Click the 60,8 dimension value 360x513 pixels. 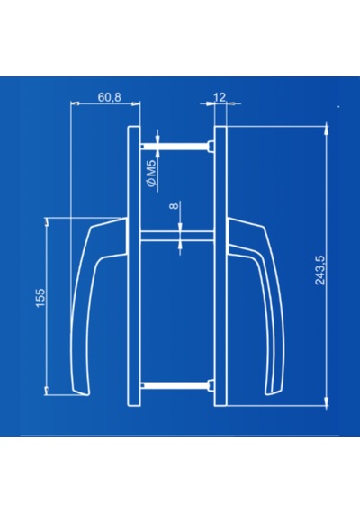pyautogui.click(x=109, y=97)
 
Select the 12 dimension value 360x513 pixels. pyautogui.click(x=220, y=97)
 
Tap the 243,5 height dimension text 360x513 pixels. pyautogui.click(x=320, y=270)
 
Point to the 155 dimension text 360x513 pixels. pyautogui.click(x=40, y=298)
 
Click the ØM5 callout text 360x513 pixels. pyautogui.click(x=152, y=176)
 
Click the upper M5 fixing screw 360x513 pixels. pyautogui.click(x=175, y=146)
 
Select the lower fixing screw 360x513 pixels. pyautogui.click(x=175, y=385)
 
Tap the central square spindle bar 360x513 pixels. pyautogui.click(x=177, y=236)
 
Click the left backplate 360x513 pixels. pyautogui.click(x=133, y=266)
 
